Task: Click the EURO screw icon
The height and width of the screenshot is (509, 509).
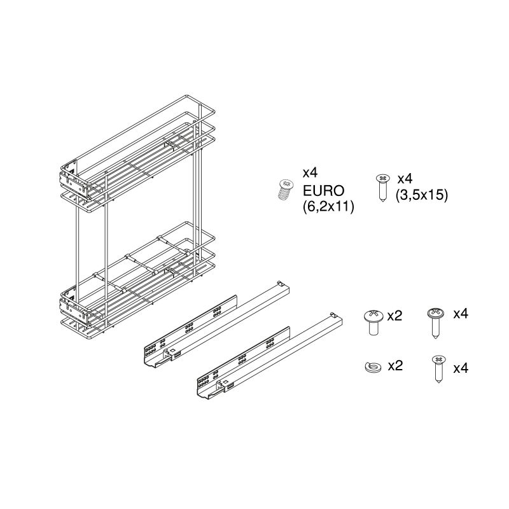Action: click(x=286, y=190)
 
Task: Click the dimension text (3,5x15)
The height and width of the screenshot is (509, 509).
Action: click(x=422, y=195)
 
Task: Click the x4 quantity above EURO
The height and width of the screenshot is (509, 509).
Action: click(x=310, y=173)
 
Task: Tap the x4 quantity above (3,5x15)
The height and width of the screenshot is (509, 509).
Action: click(x=405, y=178)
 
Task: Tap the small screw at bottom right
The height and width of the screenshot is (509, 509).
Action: click(x=438, y=368)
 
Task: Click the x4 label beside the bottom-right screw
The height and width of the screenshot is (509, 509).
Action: click(x=461, y=368)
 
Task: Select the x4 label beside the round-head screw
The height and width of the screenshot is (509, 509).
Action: click(x=461, y=314)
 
